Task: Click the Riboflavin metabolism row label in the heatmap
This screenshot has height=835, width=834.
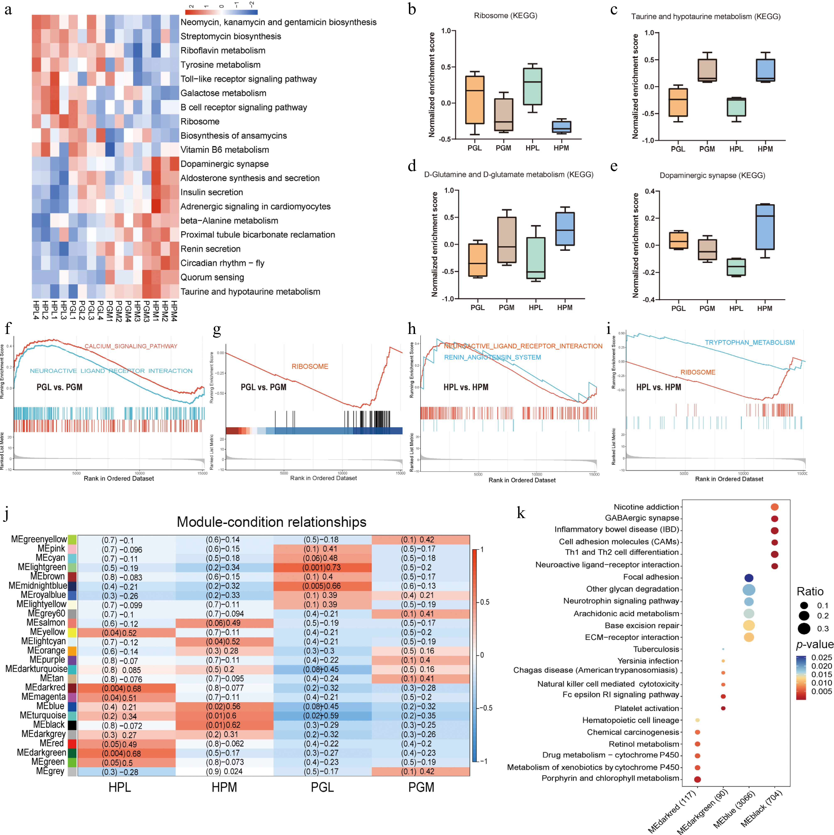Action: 223,50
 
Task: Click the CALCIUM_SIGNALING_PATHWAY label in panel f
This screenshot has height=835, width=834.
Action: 131,346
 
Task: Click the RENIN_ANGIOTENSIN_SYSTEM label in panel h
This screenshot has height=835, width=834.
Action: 492,357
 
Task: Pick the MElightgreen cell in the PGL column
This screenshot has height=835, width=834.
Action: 322,568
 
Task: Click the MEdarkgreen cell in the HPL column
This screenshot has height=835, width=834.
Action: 126,753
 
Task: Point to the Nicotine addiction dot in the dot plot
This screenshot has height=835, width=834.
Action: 774,507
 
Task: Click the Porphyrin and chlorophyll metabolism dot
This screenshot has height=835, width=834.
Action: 697,779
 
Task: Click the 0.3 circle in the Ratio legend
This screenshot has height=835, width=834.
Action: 804,628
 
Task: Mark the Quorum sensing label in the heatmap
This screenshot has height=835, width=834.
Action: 212,277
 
